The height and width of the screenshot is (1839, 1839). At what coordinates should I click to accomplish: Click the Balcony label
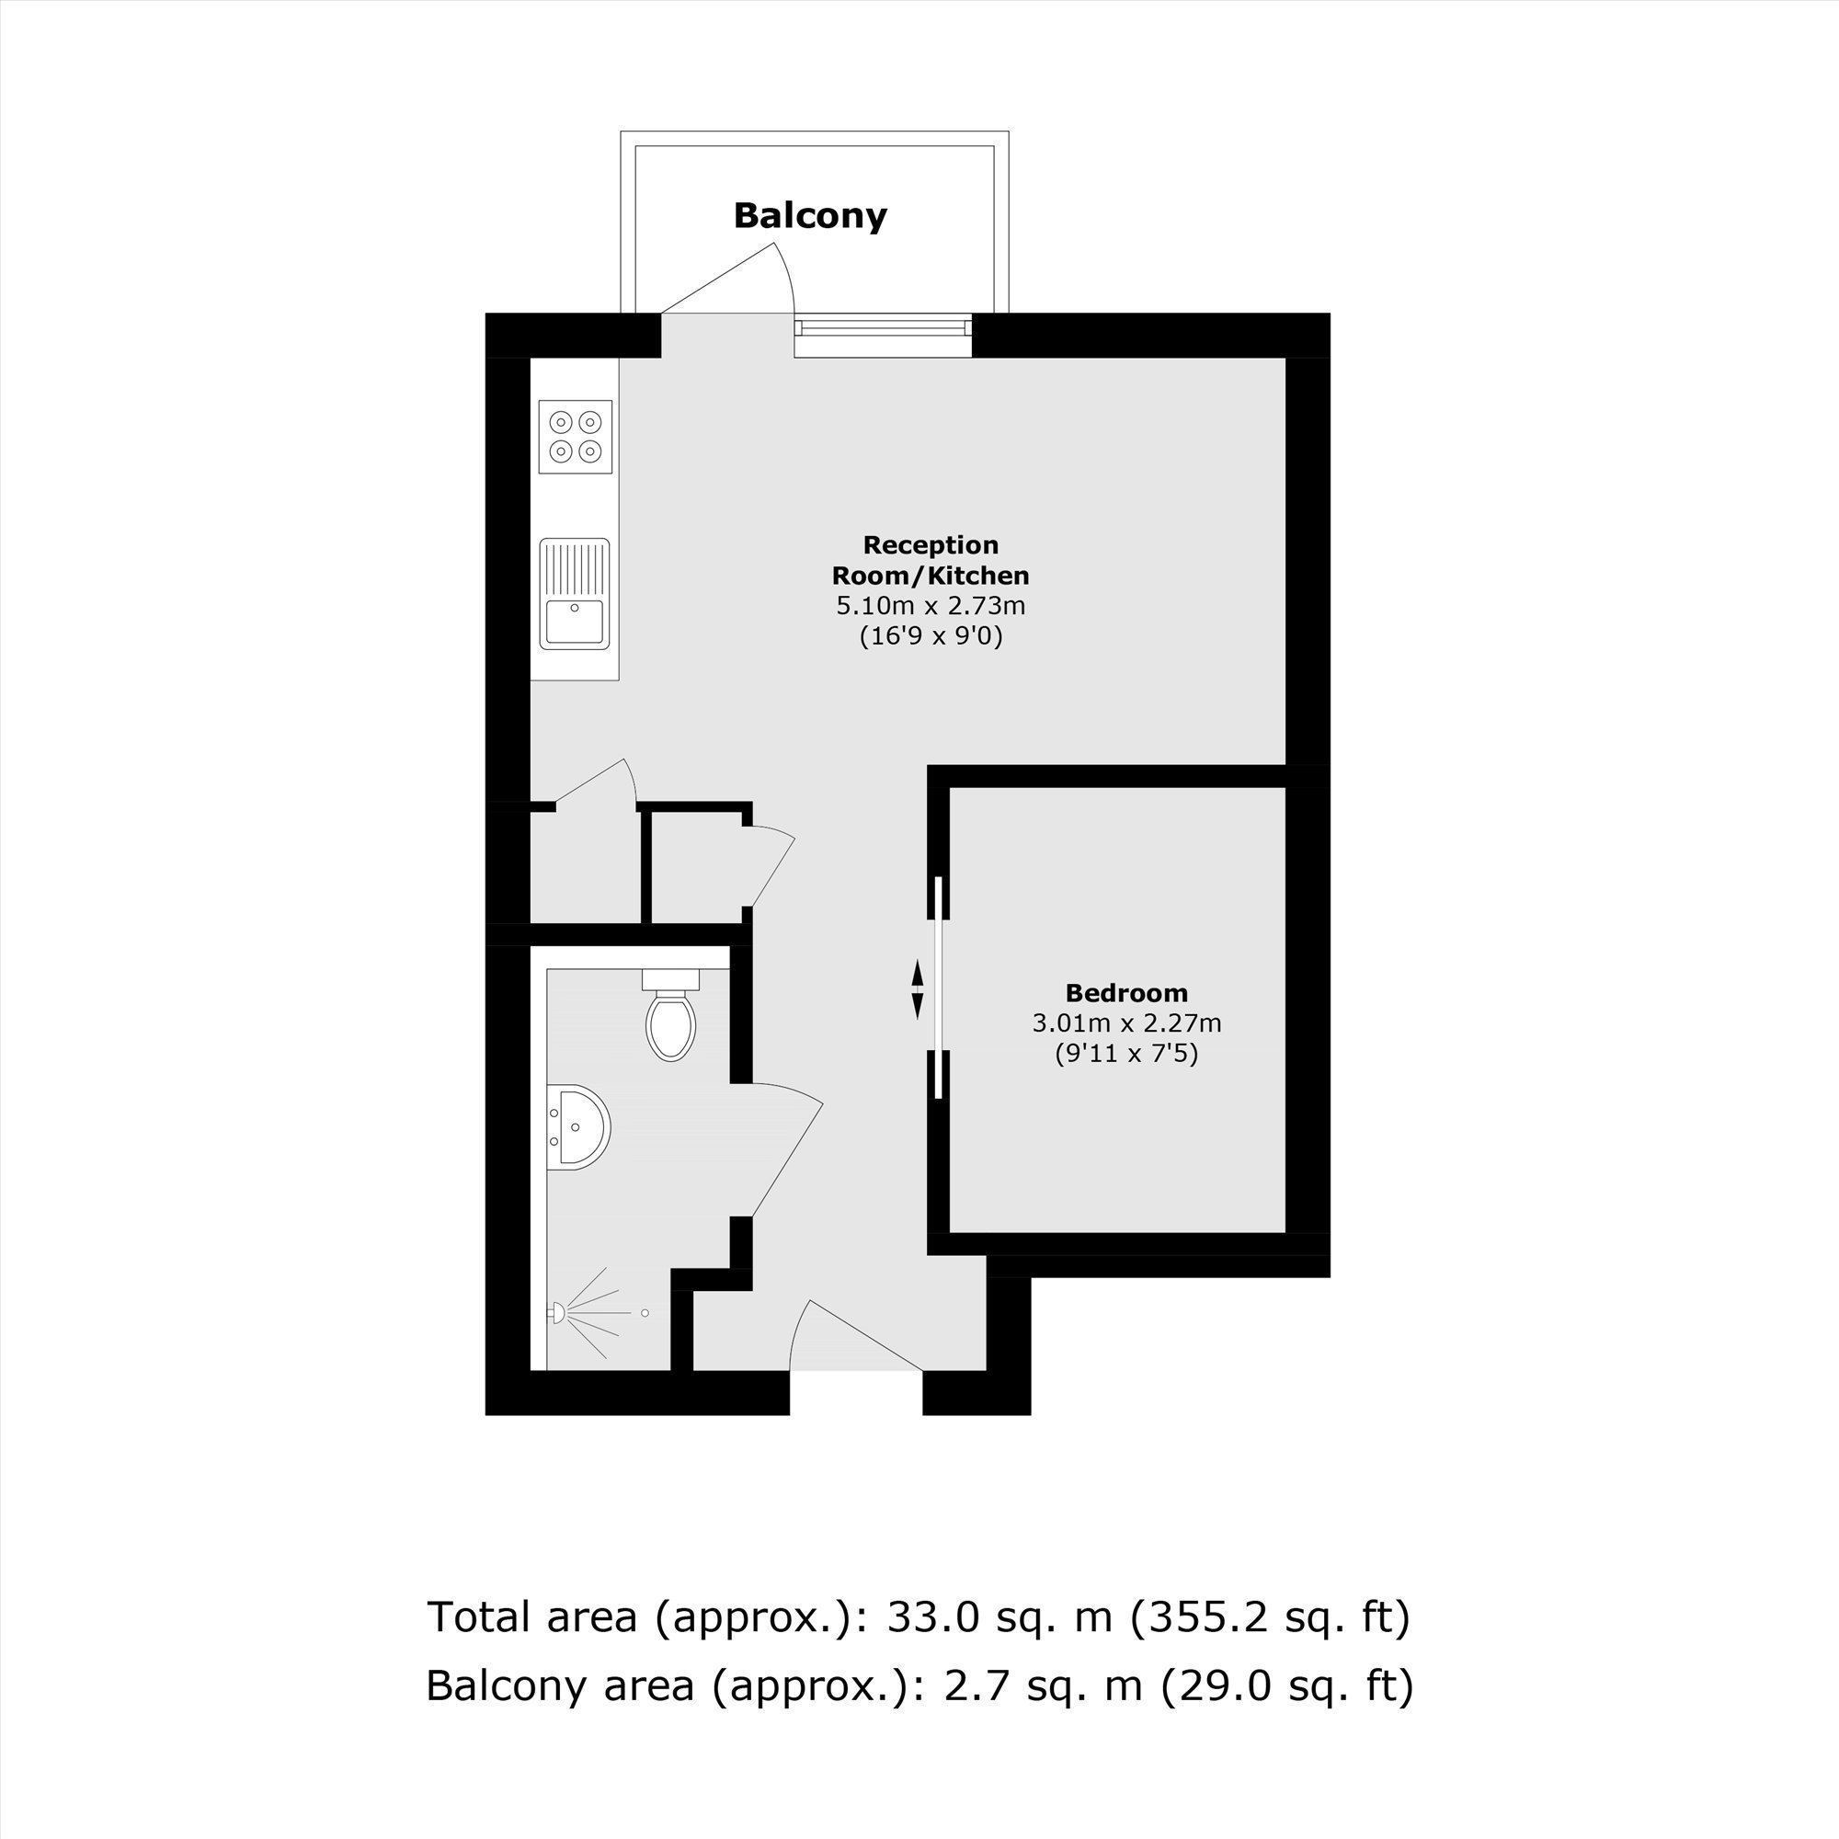[x=810, y=216]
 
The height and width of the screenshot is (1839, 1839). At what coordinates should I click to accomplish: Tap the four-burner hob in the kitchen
[x=575, y=436]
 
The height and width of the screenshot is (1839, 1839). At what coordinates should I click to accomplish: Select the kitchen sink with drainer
[x=574, y=594]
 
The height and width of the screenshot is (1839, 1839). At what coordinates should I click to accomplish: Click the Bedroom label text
[x=1126, y=994]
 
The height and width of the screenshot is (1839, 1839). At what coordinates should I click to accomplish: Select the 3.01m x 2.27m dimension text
[x=1126, y=1024]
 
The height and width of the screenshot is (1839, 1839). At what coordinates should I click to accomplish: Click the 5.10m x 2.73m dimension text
[x=930, y=605]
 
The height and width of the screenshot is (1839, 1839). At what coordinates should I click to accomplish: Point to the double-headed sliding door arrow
[x=918, y=990]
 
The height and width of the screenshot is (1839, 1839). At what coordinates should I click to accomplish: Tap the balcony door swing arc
[x=786, y=276]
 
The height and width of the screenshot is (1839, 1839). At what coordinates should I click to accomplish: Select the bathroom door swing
[x=786, y=1151]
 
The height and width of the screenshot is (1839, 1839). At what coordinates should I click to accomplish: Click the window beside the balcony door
[x=884, y=328]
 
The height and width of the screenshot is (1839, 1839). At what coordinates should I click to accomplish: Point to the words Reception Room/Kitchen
[x=930, y=561]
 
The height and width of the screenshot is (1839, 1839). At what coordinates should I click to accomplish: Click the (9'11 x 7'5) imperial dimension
[x=1126, y=1054]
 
